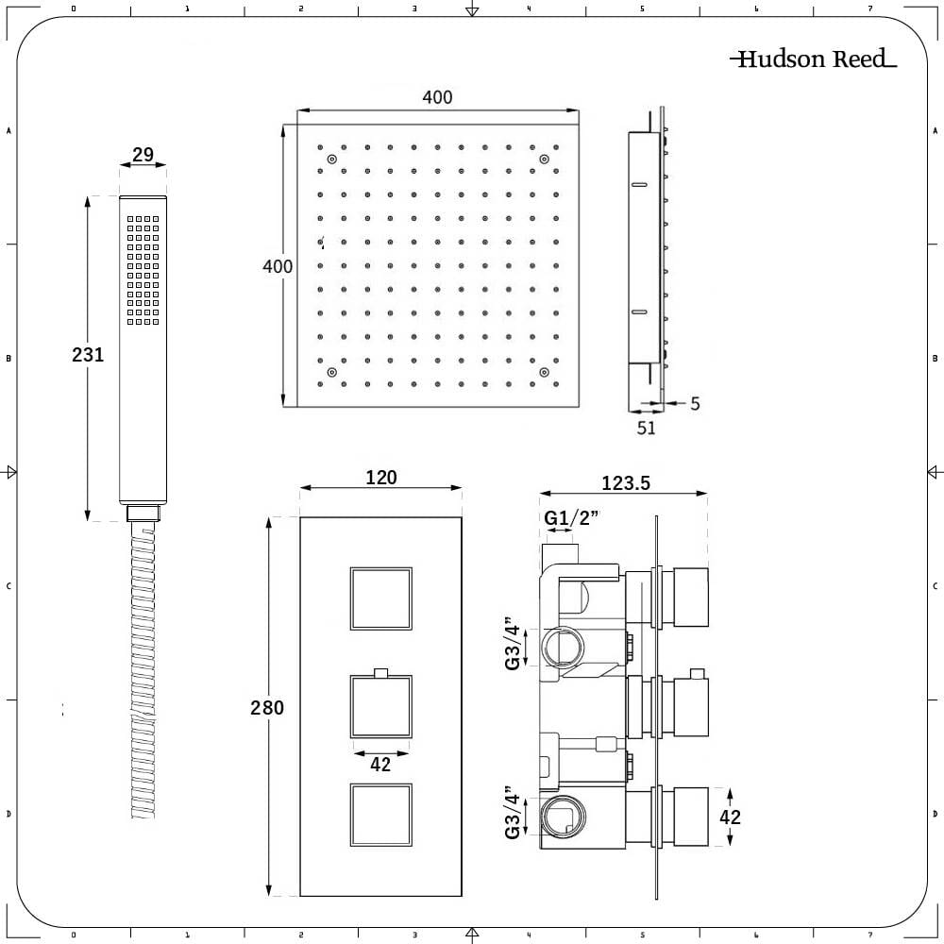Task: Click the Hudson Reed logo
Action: coord(814,59)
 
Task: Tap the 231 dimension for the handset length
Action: coord(88,355)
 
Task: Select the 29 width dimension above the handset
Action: coord(143,155)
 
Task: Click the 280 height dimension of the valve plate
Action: coord(267,707)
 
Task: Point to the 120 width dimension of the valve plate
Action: coord(381,478)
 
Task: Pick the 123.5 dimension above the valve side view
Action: coord(626,482)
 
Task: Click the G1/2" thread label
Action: coord(571,517)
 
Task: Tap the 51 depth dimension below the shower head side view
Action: coord(646,428)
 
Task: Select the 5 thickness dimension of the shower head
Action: coord(695,403)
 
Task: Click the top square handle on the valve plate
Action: coord(381,598)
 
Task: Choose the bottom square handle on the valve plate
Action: coord(381,816)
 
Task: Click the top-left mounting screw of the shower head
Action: coord(331,159)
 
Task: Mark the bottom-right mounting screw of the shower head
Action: coord(544,373)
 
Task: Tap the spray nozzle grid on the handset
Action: coord(143,271)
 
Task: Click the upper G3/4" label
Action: coord(512,643)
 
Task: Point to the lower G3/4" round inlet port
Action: coord(563,816)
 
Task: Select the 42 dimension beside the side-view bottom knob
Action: coord(731,817)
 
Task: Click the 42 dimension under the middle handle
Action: coord(380,765)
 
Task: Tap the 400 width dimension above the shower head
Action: coord(437,97)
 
